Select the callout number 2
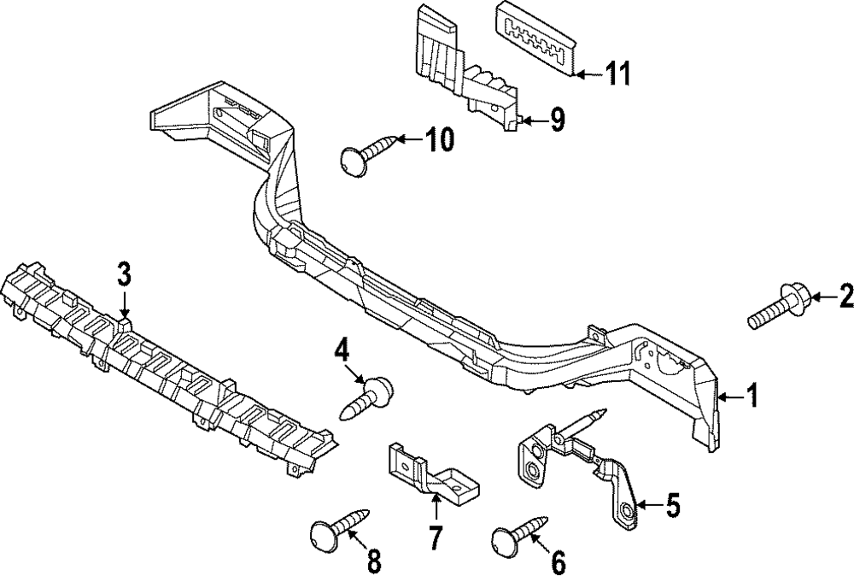pos(845,321)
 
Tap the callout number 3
pos(125,275)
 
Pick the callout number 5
pos(673,506)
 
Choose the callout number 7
pos(435,538)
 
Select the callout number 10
pos(440,140)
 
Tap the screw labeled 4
pos(366,398)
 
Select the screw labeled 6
pos(515,532)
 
